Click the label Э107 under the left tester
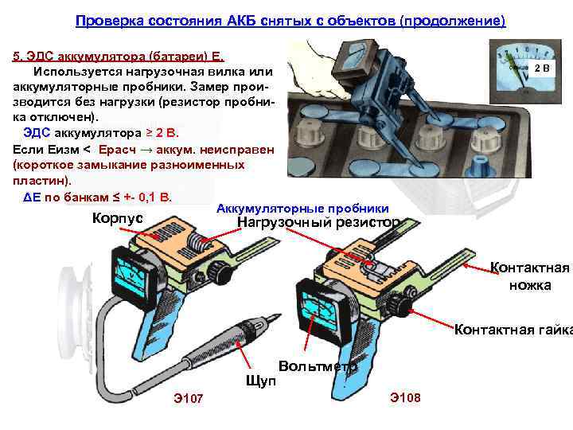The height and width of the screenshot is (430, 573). [189, 398]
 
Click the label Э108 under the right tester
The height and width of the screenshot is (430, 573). [406, 397]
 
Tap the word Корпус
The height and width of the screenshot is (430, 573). [118, 218]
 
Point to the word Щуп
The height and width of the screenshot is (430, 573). [262, 381]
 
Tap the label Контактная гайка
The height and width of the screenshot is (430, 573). [512, 330]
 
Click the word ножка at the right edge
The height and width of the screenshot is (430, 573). [530, 284]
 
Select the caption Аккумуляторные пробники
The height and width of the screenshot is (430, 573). [302, 208]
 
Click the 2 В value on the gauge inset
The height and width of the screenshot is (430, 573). [541, 68]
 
